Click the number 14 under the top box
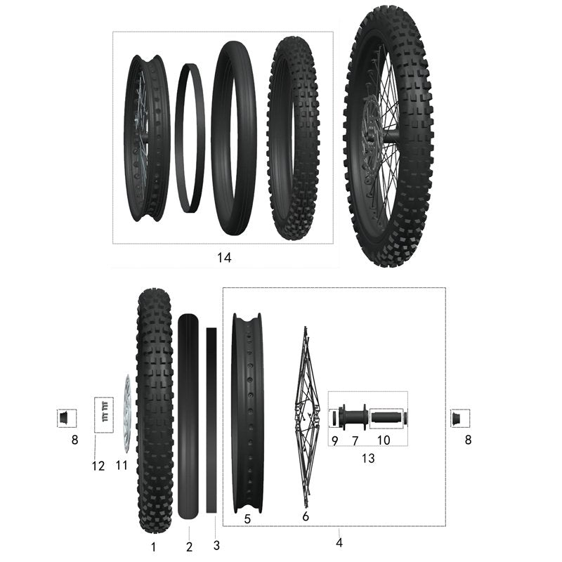pyautogui.click(x=223, y=258)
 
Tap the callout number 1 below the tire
pyautogui.click(x=154, y=546)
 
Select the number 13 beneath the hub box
pyautogui.click(x=367, y=459)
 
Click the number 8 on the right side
pyautogui.click(x=468, y=440)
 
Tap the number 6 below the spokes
pyautogui.click(x=305, y=517)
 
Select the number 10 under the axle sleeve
pyautogui.click(x=383, y=440)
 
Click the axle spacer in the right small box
pyautogui.click(x=460, y=418)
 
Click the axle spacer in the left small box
pyautogui.click(x=65, y=418)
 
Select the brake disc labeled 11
pyautogui.click(x=126, y=414)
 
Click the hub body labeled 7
pyautogui.click(x=354, y=417)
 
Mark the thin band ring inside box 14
pyautogui.click(x=189, y=138)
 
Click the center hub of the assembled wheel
pyautogui.click(x=388, y=133)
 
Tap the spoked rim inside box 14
pyautogui.click(x=145, y=138)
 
